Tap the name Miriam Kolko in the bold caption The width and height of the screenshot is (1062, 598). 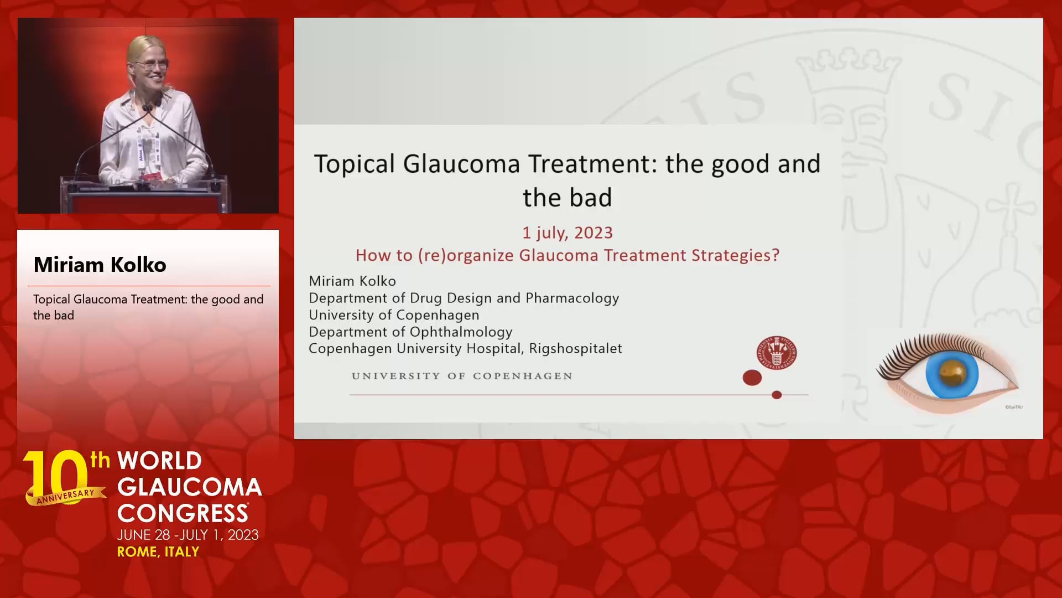[100, 265]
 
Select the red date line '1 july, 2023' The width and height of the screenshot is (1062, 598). [568, 233]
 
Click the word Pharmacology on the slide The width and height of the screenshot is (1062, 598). [572, 298]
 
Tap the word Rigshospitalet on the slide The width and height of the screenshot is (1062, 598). [575, 348]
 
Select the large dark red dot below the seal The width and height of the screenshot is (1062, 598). [752, 378]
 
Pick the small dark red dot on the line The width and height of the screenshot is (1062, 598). [777, 395]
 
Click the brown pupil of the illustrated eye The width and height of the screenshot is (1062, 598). [951, 370]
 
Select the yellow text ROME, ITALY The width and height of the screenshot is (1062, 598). [158, 552]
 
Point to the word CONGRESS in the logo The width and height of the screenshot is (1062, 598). [183, 513]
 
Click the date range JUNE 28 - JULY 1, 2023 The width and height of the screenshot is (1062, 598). [188, 535]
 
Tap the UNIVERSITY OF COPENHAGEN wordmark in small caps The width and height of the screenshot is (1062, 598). [462, 376]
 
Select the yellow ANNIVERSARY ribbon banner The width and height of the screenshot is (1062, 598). [65, 496]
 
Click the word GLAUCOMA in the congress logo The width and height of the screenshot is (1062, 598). [190, 487]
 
